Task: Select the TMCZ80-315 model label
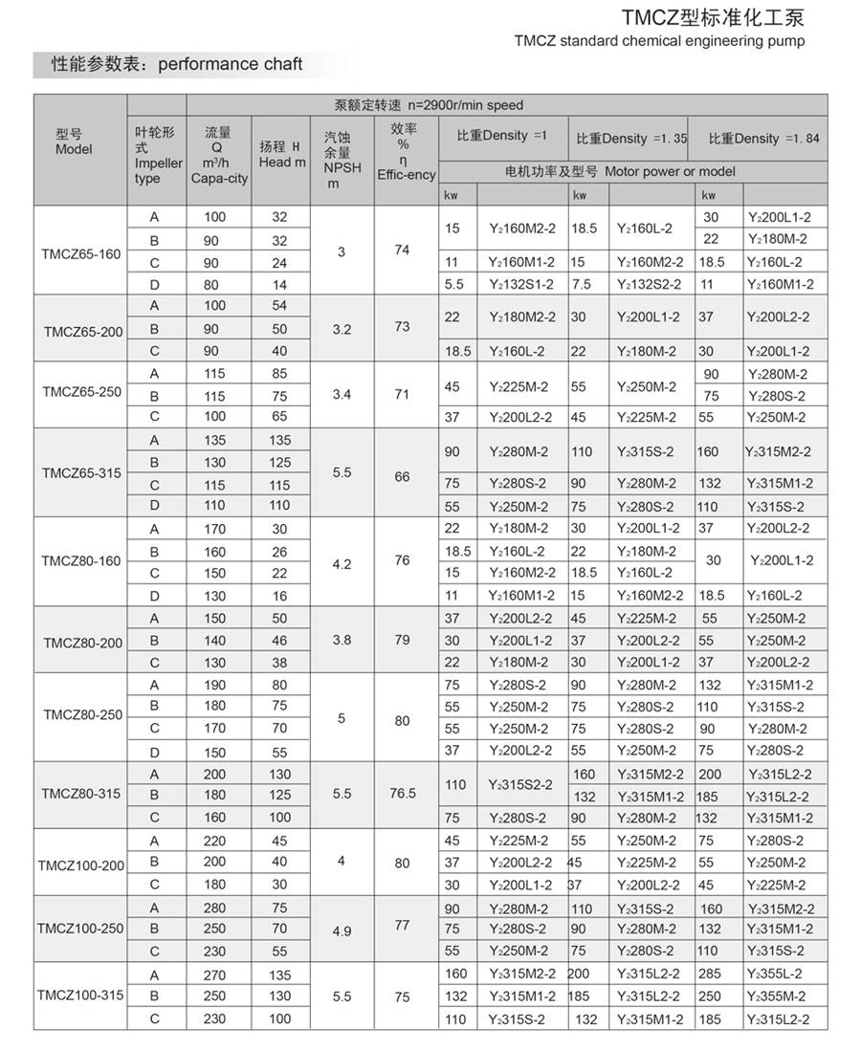[81, 794]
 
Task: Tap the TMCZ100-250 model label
[81, 929]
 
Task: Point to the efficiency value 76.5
[403, 794]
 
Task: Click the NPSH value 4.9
[342, 929]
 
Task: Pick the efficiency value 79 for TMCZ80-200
[403, 641]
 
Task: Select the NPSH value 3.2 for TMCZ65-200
[342, 328]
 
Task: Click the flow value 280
[216, 908]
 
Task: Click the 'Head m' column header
[282, 154]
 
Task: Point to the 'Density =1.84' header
[764, 138]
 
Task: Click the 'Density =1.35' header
[632, 138]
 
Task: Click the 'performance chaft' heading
[230, 64]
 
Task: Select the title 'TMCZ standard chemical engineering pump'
[659, 41]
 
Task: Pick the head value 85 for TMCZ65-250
[279, 373]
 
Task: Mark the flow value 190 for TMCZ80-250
[216, 685]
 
